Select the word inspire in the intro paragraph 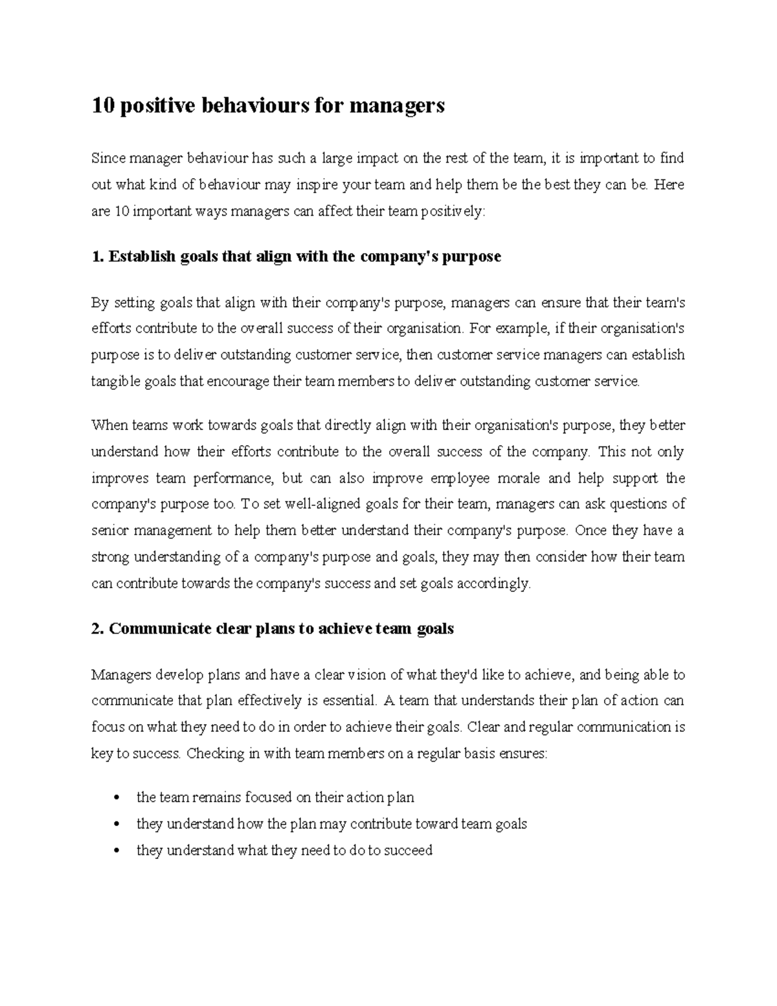[317, 185]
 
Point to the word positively [453, 211]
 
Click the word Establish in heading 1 [142, 257]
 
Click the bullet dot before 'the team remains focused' [116, 798]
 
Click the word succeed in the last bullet [408, 851]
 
